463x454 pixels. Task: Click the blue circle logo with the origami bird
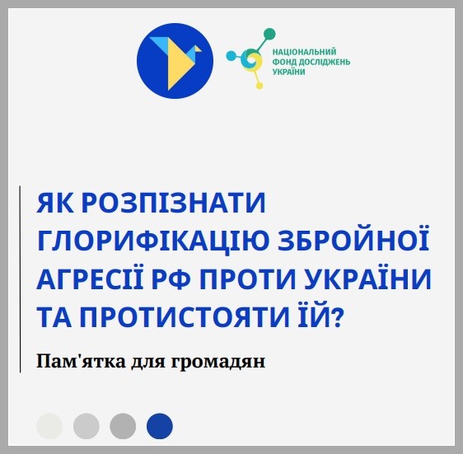[x=175, y=61]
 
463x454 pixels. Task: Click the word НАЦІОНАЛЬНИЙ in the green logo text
[x=304, y=52]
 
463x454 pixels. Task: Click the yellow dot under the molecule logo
[x=259, y=86]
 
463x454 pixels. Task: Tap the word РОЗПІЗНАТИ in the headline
[x=173, y=203]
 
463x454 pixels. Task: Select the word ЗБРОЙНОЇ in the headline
[x=353, y=239]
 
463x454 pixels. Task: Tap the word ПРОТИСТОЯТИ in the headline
[x=185, y=316]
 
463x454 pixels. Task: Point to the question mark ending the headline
[x=337, y=316]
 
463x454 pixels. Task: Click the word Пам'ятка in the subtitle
[x=81, y=361]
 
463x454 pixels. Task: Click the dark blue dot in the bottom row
[x=160, y=426]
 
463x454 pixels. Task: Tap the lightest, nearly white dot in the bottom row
[x=49, y=426]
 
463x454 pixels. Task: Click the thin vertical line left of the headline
[x=20, y=279]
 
